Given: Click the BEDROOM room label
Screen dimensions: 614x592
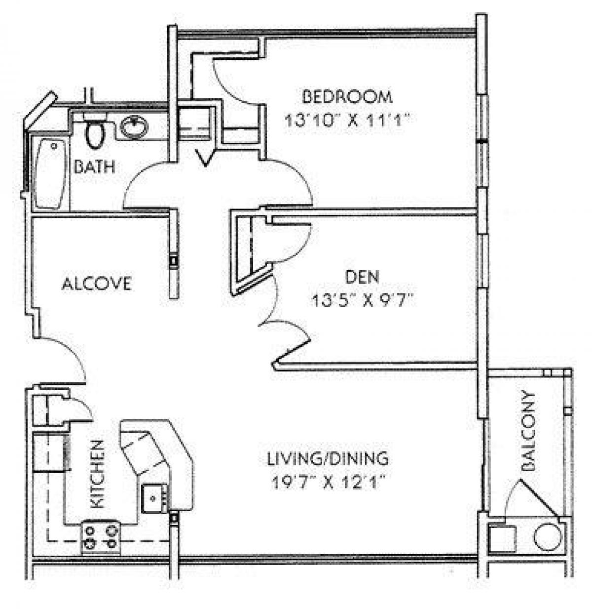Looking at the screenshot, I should tap(347, 96).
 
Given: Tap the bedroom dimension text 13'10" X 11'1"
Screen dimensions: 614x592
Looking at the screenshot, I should tap(347, 120).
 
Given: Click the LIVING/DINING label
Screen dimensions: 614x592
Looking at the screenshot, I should tap(328, 458).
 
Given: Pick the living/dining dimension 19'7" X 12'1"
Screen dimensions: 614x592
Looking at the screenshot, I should tap(328, 482).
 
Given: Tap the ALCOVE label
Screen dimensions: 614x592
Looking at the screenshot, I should tap(97, 284).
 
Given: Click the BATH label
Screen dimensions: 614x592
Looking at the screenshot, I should tap(94, 166).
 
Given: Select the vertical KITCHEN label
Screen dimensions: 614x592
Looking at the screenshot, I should tap(98, 474).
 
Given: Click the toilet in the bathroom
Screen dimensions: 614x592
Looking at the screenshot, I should tap(95, 131).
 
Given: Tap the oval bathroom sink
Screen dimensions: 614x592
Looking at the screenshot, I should tap(134, 127).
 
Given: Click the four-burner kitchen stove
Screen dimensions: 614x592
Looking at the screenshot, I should tap(101, 537).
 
